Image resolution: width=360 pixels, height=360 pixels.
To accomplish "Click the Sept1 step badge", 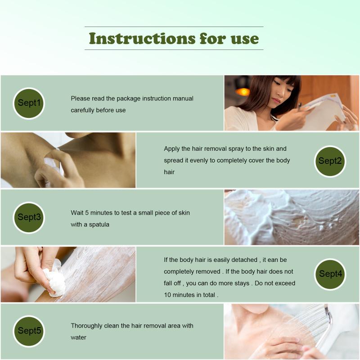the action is coord(29,103).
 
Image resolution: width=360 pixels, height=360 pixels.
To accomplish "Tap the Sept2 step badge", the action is coord(330,161).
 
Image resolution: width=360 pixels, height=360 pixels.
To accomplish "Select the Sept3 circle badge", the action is coord(29,217).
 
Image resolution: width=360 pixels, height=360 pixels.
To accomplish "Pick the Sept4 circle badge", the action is coord(330,274).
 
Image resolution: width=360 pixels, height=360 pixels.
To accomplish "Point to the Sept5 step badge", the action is coord(29,331).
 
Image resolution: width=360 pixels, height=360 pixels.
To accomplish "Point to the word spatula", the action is coord(99,225).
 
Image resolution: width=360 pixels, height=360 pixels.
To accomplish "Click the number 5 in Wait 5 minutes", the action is coord(87,213).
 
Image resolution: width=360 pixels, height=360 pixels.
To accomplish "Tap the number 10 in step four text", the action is coord(167,295).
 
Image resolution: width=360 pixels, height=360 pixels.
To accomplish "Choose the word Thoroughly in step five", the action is coord(86,326).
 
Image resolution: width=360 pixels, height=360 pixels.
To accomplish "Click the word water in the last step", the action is coord(78,337).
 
